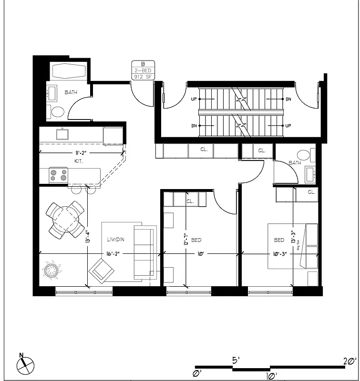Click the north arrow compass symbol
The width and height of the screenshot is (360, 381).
25,365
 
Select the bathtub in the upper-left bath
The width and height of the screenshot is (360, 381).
70,72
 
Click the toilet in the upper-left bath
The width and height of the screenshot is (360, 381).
58,112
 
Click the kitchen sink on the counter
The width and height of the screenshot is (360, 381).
62,134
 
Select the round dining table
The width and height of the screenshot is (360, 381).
66,220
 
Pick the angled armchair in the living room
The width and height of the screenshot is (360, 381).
101,270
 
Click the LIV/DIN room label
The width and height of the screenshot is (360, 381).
116,241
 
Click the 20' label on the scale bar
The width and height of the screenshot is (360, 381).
350,361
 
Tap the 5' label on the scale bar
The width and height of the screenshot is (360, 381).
236,361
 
